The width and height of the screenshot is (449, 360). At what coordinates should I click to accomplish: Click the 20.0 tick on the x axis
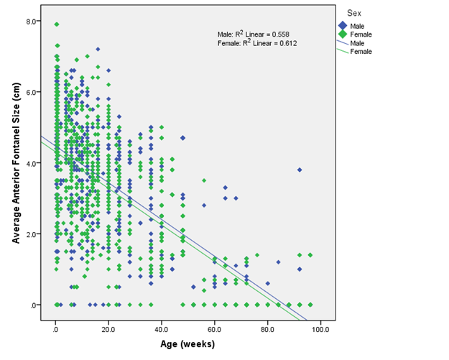pyautogui.click(x=108, y=330)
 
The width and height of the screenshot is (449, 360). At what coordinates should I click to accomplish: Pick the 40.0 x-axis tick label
pyautogui.click(x=162, y=330)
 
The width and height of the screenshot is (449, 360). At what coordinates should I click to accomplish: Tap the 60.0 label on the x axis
pyautogui.click(x=215, y=330)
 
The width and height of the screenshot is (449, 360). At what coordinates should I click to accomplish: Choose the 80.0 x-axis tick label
pyautogui.click(x=267, y=330)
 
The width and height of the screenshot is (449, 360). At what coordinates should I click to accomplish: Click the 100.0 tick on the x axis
pyautogui.click(x=320, y=330)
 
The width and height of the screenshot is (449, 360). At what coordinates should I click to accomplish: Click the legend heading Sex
pyautogui.click(x=353, y=13)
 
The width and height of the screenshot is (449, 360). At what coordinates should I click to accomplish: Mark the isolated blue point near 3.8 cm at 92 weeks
pyautogui.click(x=300, y=170)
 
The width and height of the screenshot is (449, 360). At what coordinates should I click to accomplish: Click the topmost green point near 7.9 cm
pyautogui.click(x=56, y=24)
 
